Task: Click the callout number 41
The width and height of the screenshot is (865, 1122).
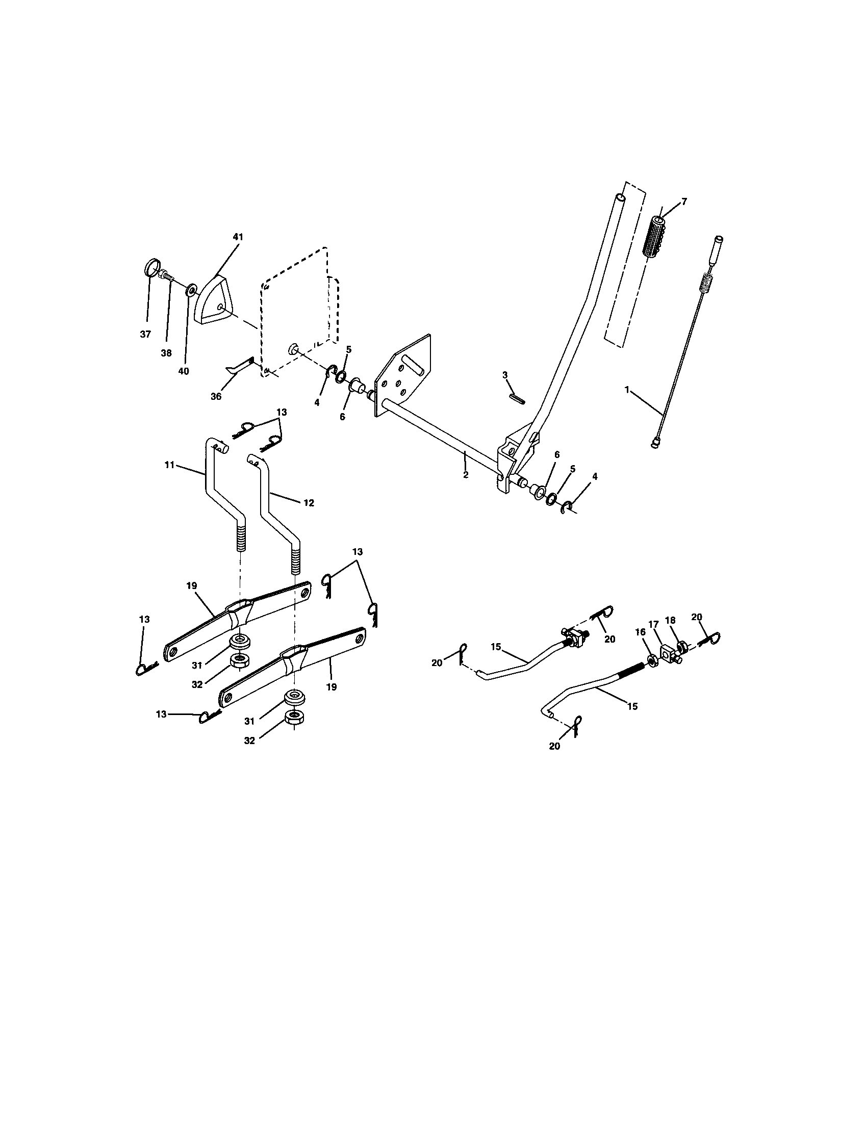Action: tap(237, 237)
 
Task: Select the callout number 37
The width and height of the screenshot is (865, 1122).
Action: tap(145, 335)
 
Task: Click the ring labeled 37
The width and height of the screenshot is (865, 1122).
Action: tap(149, 269)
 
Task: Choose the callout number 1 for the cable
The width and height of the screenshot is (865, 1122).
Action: tap(626, 390)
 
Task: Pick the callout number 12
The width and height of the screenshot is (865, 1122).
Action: tap(308, 503)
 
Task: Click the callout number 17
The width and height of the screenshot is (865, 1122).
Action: tap(653, 624)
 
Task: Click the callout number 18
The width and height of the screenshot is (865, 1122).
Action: tap(670, 620)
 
